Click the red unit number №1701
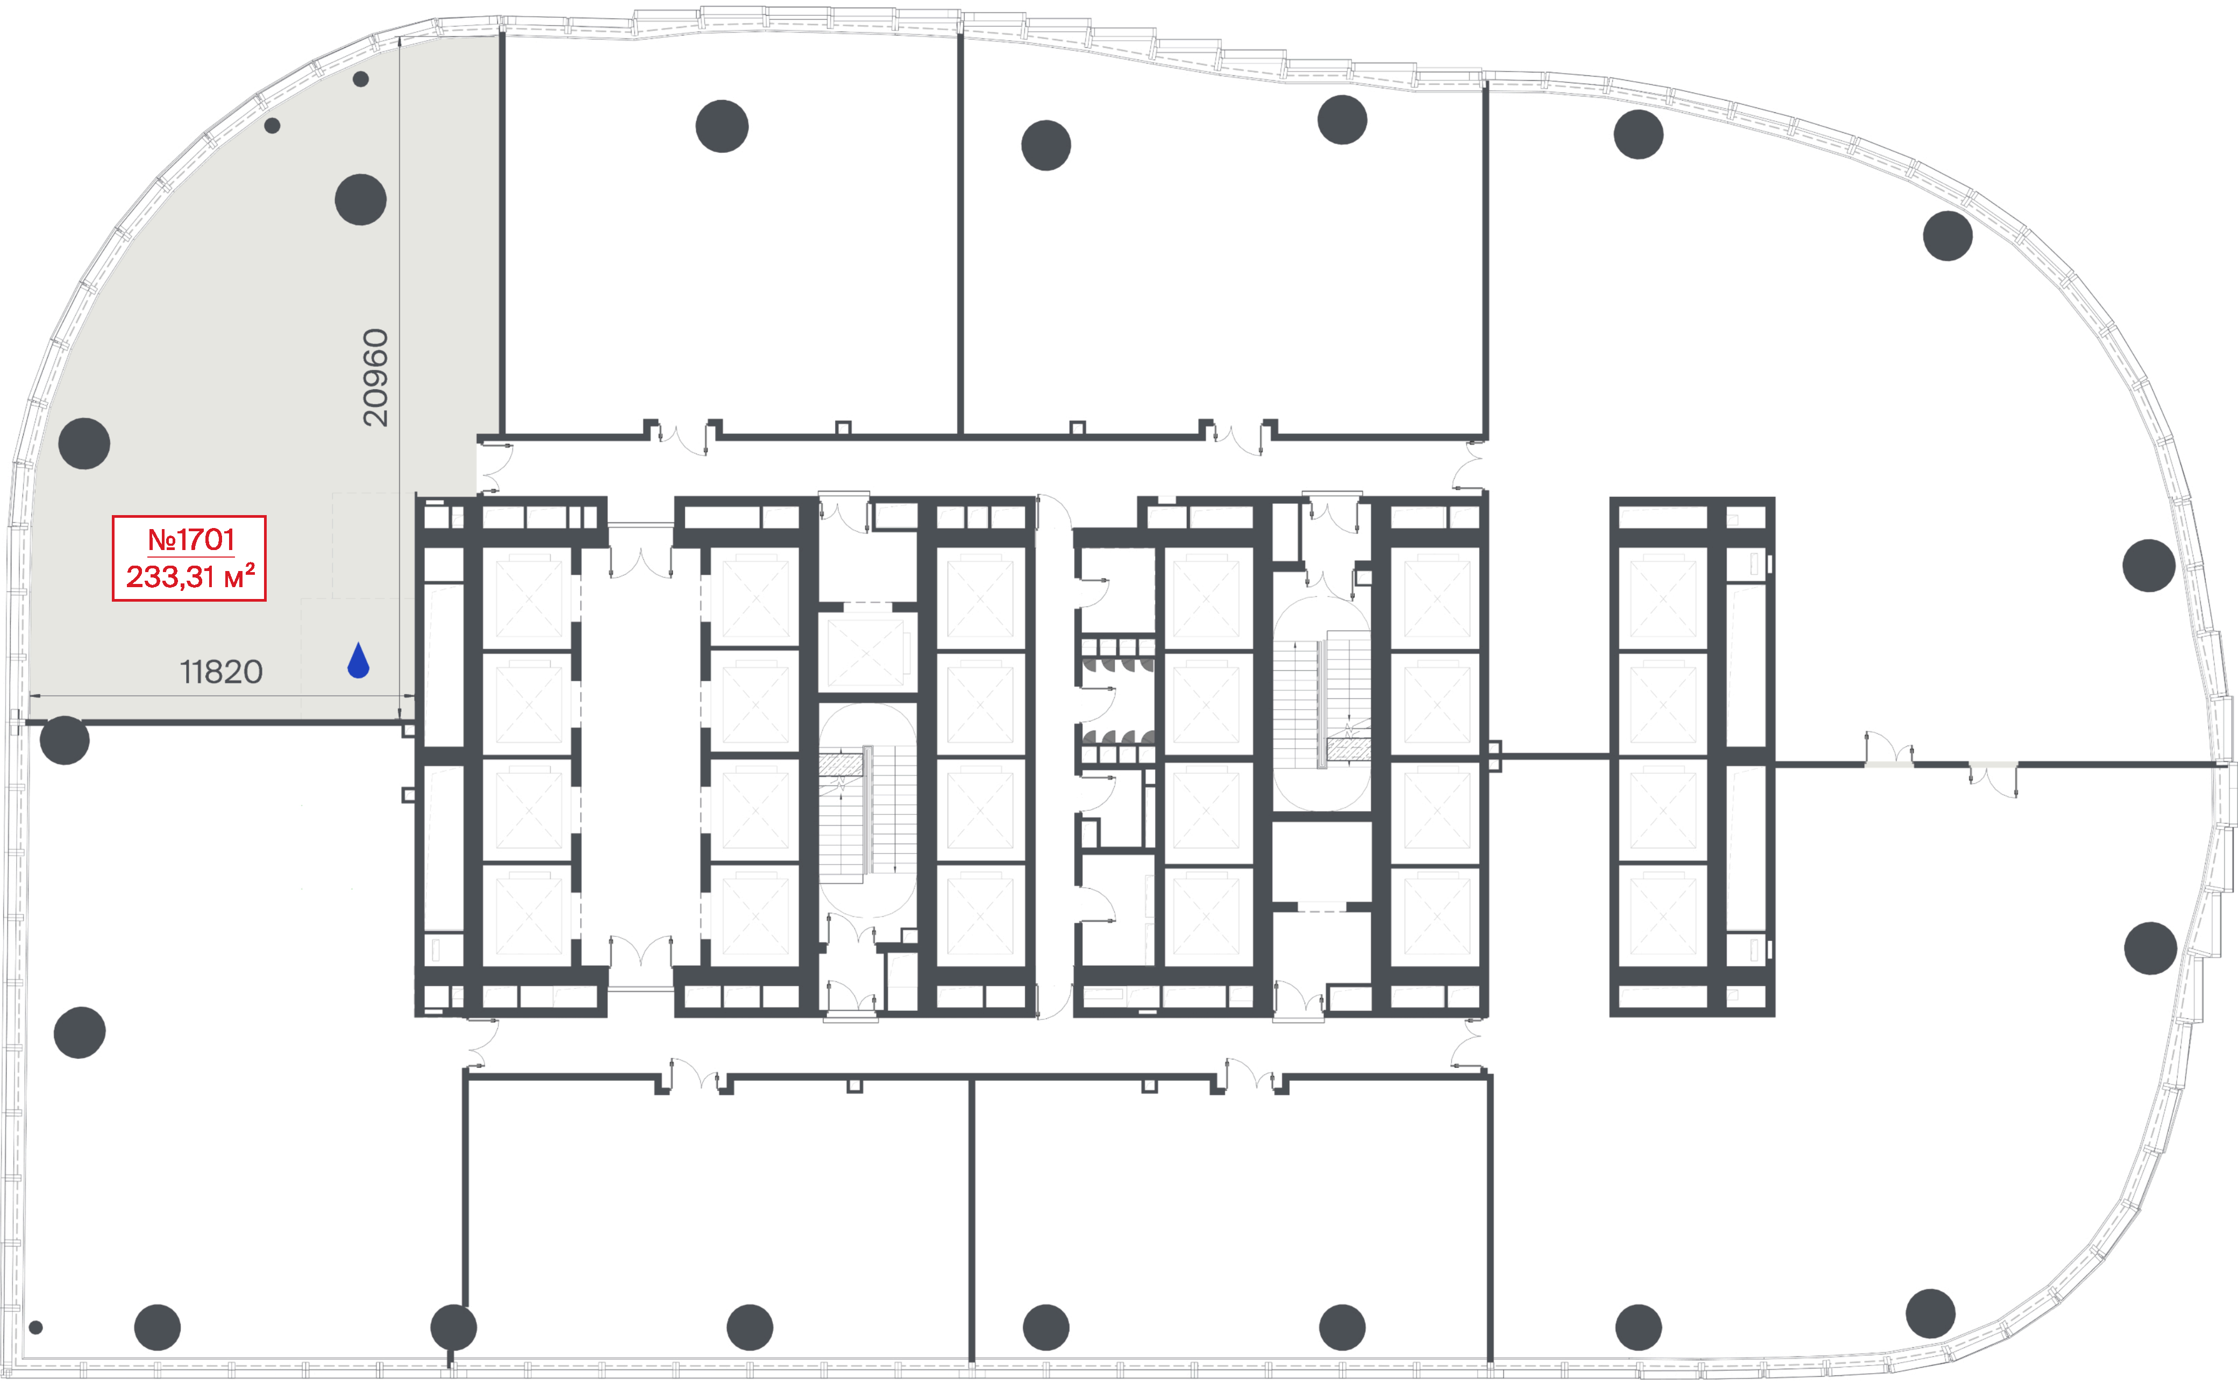point(191,540)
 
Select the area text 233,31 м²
point(190,576)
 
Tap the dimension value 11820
point(222,672)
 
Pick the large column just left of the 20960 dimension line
point(361,199)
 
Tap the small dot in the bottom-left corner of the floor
point(35,1327)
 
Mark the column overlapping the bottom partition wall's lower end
point(454,1326)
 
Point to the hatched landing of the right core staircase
point(1349,750)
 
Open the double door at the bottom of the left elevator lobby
point(641,951)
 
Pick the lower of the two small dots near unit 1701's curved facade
point(272,125)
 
